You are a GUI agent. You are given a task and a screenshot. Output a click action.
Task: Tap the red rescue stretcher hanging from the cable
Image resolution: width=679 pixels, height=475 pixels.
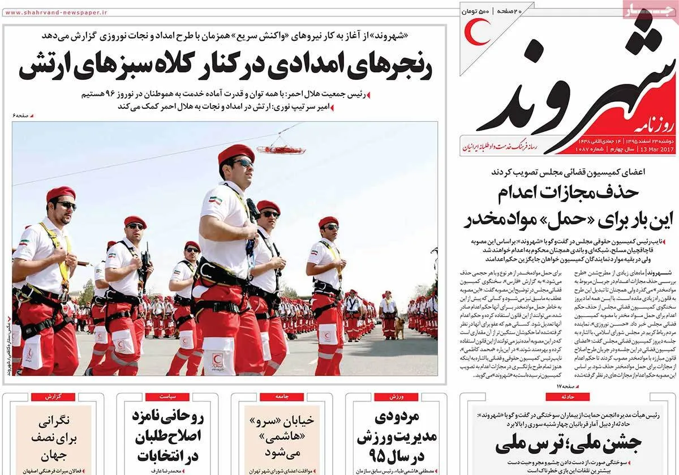coord(281,149)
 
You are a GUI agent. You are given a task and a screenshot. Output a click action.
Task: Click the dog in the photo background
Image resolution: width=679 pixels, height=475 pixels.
coord(401,327)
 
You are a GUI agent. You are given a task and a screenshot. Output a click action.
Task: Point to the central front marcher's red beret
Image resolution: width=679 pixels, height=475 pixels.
coord(236,152)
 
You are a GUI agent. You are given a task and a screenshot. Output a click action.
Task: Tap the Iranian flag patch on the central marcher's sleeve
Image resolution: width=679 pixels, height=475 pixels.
coord(214,200)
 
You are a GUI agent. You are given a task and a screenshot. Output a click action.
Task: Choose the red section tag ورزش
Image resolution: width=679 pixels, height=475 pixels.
coord(396,397)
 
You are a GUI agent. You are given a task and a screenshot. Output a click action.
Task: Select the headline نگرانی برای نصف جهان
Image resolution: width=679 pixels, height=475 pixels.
coord(53,438)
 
